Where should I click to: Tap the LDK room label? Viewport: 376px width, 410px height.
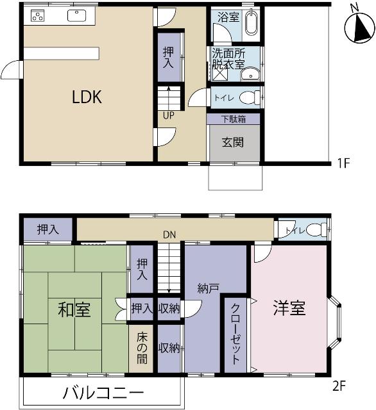point(87,97)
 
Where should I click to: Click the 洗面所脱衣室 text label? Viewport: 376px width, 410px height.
point(228,58)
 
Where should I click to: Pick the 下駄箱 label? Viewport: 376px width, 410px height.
point(234,119)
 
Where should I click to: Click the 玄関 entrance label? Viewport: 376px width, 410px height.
point(233,142)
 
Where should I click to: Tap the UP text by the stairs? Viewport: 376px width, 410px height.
point(169,116)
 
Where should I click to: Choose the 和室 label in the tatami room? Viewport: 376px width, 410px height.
point(74,310)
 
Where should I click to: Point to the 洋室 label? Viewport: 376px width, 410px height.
point(289,308)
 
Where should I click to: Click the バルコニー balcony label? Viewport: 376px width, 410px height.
point(103,393)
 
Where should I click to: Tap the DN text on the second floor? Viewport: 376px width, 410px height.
point(169,235)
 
